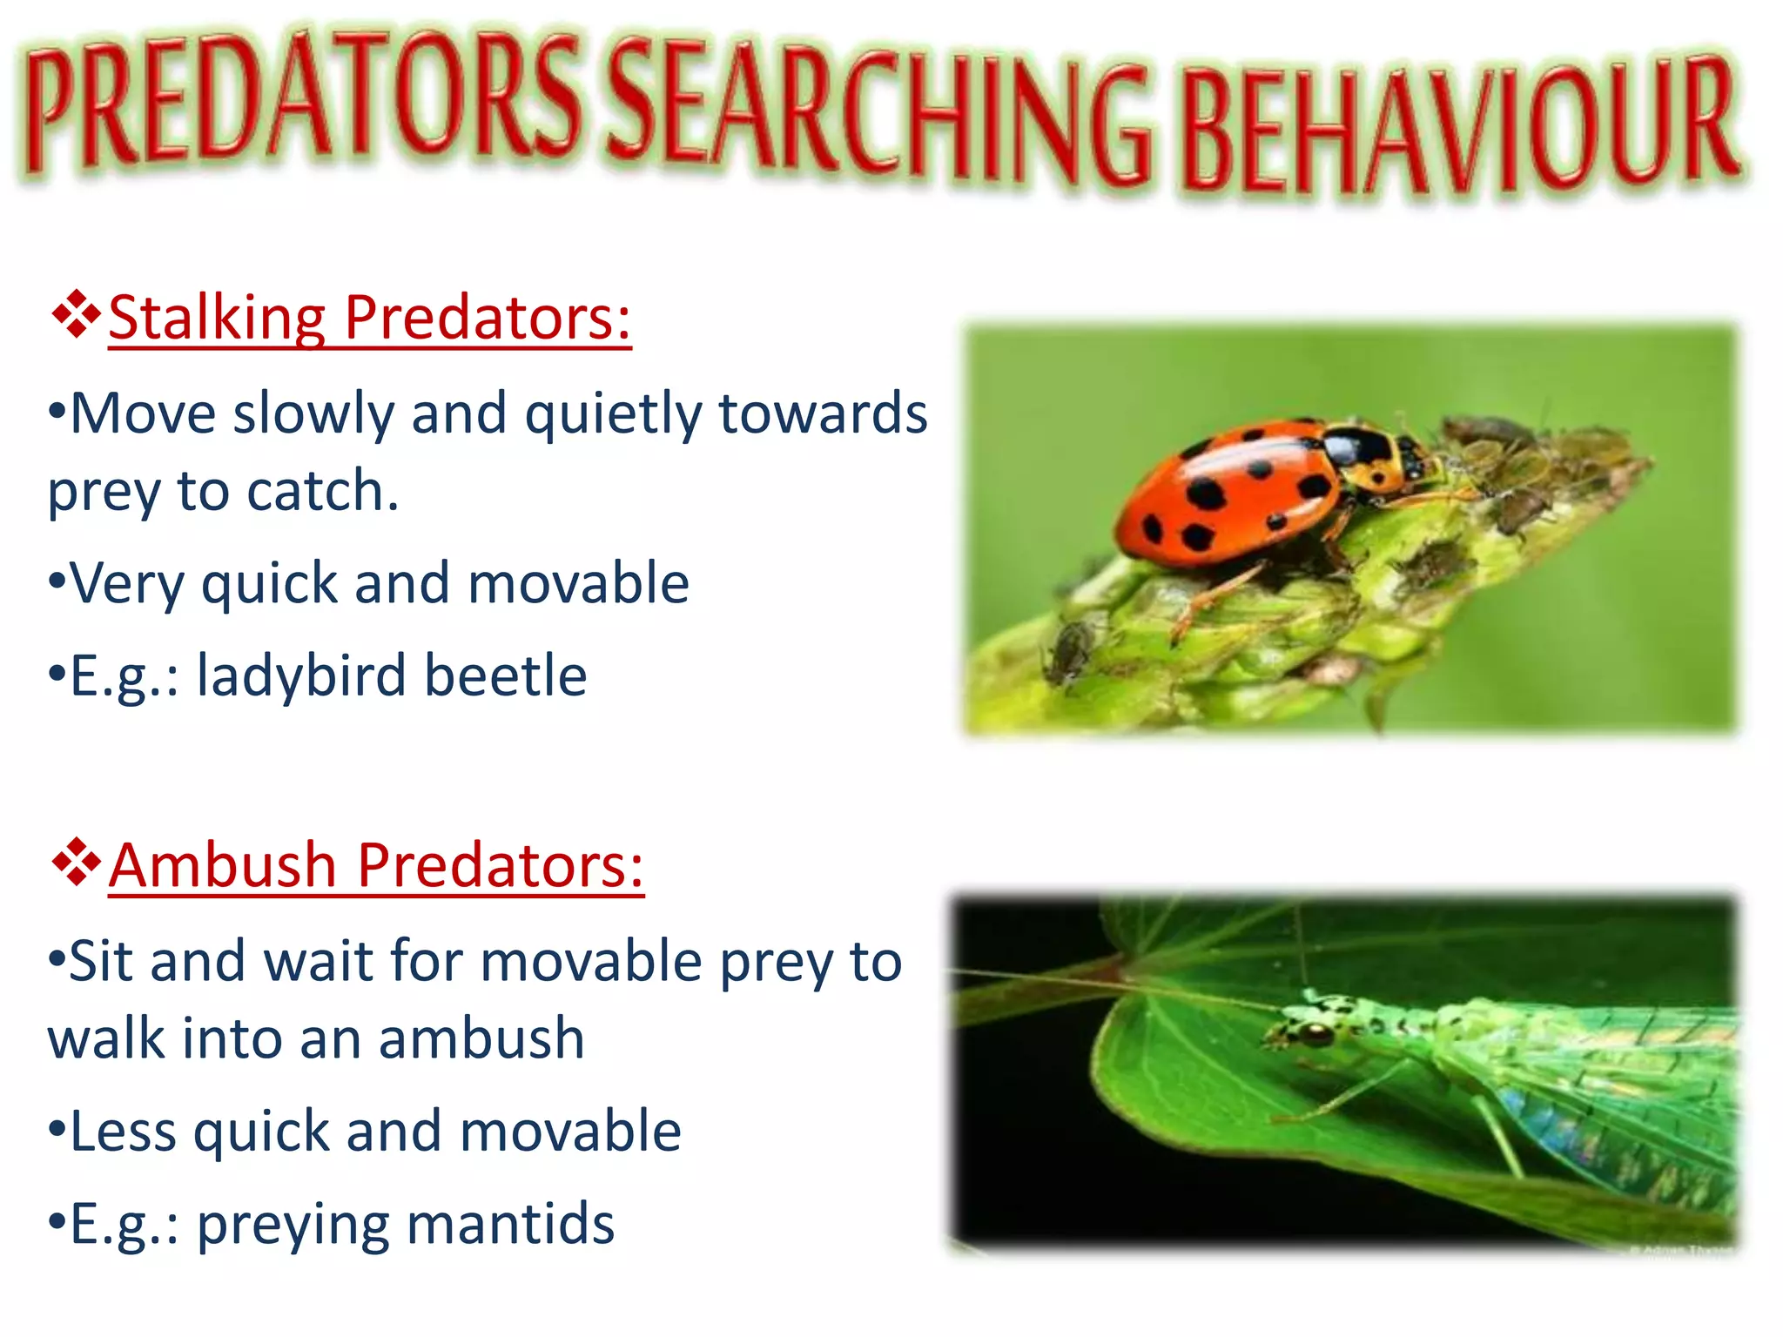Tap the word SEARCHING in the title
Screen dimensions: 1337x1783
879,113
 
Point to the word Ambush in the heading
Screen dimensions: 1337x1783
223,866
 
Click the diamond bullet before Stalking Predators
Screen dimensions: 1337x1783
77,314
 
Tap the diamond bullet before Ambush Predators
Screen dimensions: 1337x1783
77,862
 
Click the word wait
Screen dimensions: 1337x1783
318,962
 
